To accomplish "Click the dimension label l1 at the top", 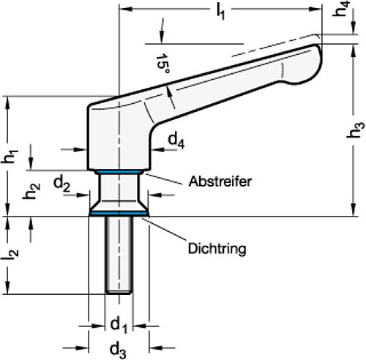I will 220,13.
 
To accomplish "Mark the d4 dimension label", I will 176,139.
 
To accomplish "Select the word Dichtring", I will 216,249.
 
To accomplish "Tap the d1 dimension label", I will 118,323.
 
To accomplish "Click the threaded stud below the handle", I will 118,252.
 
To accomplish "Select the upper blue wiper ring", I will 118,173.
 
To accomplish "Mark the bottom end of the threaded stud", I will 118,292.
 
